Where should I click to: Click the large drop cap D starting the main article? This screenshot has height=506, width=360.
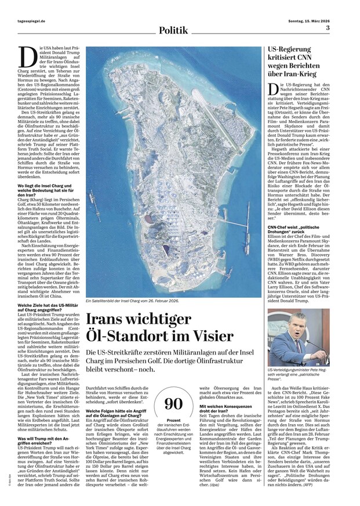(27, 57)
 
